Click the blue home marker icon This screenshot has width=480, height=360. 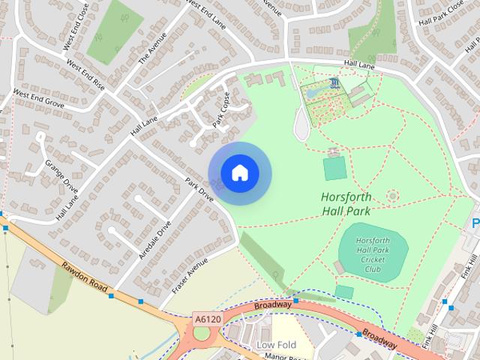(x=239, y=173)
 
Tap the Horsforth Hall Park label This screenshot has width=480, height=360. (x=346, y=204)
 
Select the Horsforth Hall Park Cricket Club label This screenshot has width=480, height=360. (x=373, y=253)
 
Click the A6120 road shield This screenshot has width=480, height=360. (x=207, y=319)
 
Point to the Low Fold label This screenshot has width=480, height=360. (x=276, y=345)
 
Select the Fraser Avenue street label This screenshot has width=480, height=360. (x=189, y=276)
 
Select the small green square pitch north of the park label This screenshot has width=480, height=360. (x=334, y=169)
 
